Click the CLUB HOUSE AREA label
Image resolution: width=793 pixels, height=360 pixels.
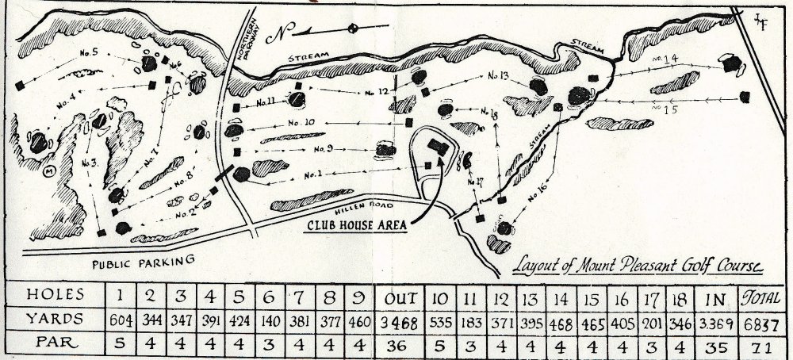coord(357,224)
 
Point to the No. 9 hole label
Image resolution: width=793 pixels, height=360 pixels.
coord(323,148)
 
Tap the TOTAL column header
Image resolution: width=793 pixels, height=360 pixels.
coord(757,300)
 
